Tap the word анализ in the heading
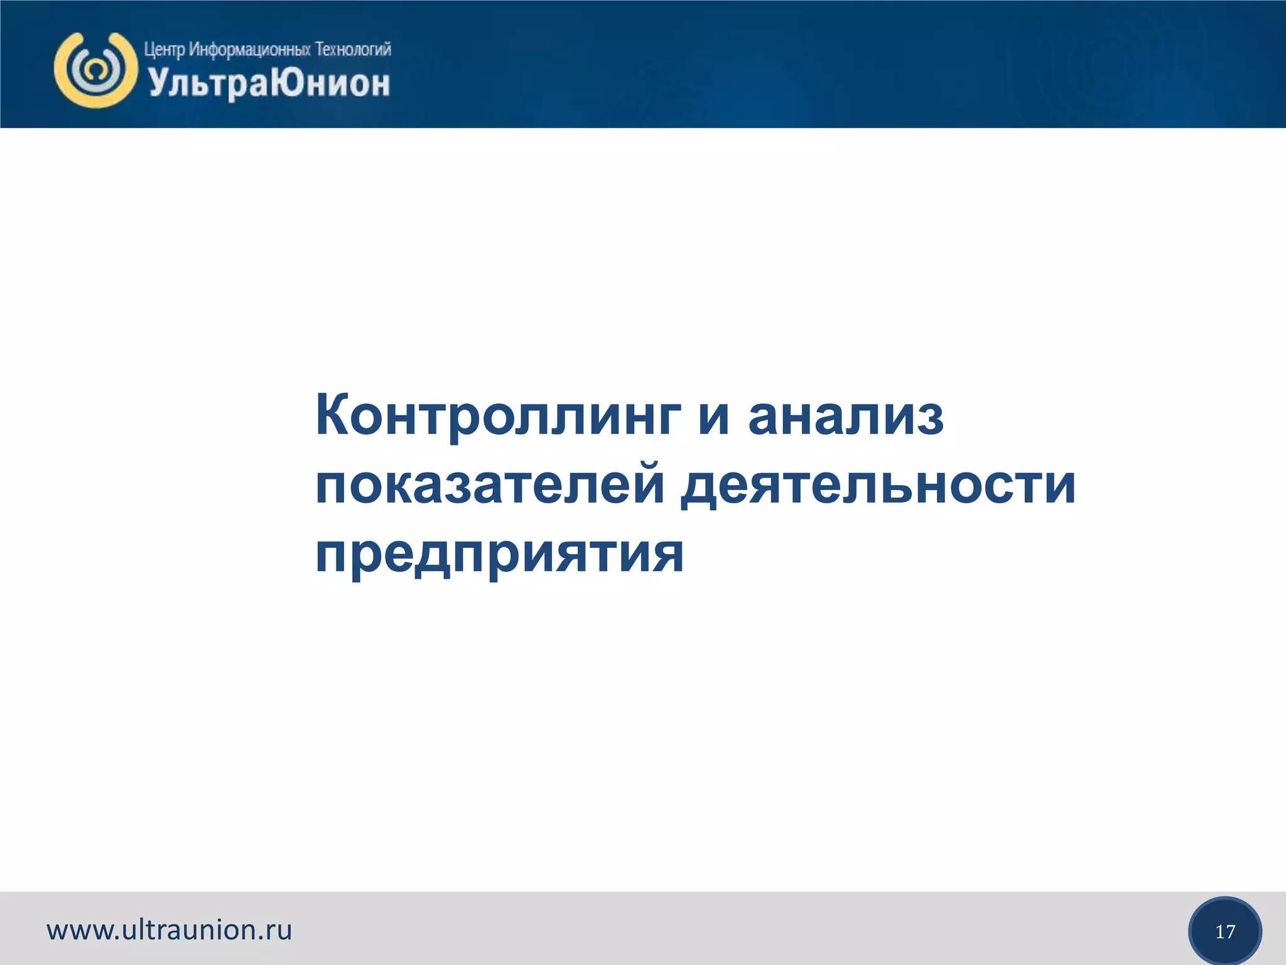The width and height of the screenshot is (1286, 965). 846,417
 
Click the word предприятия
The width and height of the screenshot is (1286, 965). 499,554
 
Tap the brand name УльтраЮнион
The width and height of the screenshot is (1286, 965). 269,84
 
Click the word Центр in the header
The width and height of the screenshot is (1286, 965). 165,50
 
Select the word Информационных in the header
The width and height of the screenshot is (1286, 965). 250,50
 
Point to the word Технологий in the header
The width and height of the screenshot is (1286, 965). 353,49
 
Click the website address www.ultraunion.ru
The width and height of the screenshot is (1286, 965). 170,930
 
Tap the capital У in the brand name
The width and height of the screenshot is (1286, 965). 158,83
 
